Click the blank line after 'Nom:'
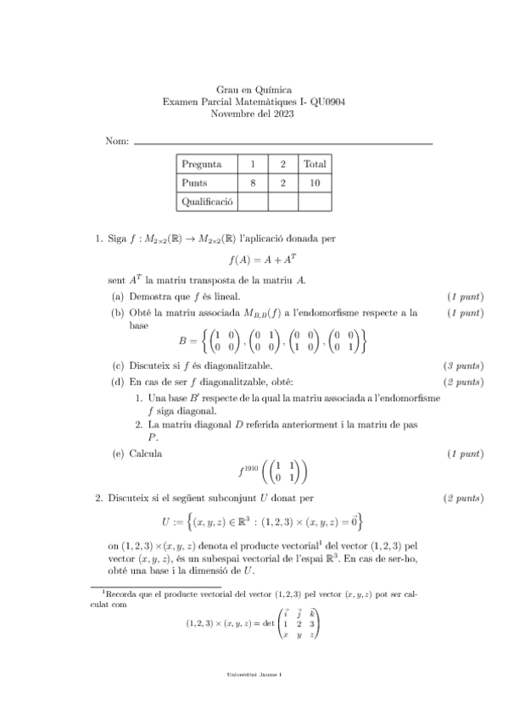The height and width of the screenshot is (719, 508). pyautogui.click(x=283, y=142)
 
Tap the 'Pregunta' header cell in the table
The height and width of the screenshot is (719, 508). pyautogui.click(x=202, y=164)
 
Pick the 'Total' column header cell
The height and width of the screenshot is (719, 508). pyautogui.click(x=315, y=164)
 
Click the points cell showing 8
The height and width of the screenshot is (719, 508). pyautogui.click(x=253, y=182)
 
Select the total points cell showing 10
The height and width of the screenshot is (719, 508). pyautogui.click(x=315, y=182)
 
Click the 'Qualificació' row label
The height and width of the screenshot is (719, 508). pyautogui.click(x=207, y=201)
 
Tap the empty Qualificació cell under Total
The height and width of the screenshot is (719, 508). pyautogui.click(x=315, y=201)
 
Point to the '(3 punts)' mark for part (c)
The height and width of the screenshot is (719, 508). pyautogui.click(x=464, y=366)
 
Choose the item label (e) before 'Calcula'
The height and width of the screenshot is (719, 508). pyautogui.click(x=119, y=454)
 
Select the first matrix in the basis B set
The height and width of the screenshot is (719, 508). pyautogui.click(x=219, y=341)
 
